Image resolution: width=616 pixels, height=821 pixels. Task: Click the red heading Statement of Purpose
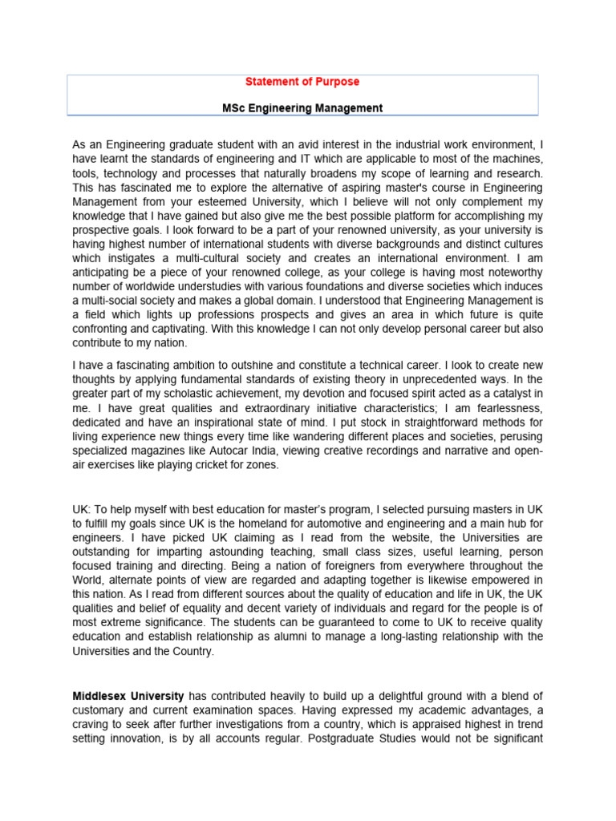[302, 82]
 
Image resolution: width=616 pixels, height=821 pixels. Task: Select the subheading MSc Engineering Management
[302, 108]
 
